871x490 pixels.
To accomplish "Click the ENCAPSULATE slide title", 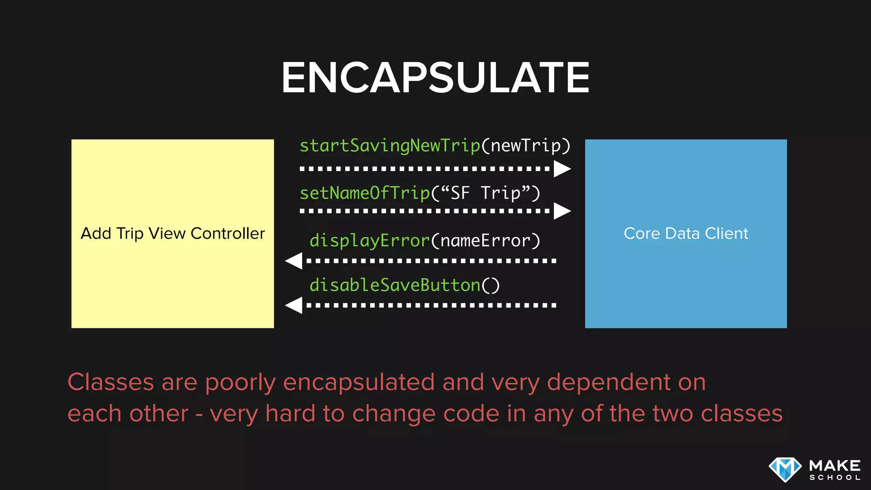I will click(435, 77).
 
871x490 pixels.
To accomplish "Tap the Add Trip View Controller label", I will click(173, 234).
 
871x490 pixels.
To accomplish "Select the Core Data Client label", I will click(686, 234).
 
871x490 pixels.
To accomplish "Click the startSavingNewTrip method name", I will click(390, 146).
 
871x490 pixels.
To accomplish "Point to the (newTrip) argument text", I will click(526, 146).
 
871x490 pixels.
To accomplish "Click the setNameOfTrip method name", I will click(365, 194).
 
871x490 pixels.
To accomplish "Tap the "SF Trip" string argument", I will click(486, 194).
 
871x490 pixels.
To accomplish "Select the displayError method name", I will click(370, 241).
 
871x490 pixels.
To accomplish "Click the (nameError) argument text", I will click(486, 241).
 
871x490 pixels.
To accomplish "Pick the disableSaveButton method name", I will click(395, 285).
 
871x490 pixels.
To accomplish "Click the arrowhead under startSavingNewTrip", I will click(562, 169).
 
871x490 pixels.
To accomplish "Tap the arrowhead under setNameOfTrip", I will click(562, 211).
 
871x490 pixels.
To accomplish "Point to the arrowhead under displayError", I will click(294, 261).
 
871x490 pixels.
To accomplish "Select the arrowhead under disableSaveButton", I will click(294, 305).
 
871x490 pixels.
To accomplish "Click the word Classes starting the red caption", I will click(111, 382).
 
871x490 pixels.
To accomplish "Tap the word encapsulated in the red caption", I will click(359, 382).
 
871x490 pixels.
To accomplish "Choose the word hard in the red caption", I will click(290, 413).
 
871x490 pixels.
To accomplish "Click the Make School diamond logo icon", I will click(785, 470).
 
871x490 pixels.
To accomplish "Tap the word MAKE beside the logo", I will click(835, 466).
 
